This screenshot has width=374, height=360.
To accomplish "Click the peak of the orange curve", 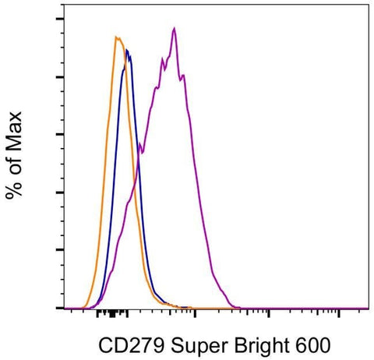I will (x=116, y=37).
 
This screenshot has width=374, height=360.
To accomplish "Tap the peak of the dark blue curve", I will (x=126, y=51).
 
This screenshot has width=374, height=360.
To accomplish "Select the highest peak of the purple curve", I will (x=174, y=28).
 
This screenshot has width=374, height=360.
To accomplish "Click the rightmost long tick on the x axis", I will (x=340, y=313).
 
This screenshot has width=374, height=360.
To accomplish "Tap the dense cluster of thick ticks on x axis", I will (x=114, y=315).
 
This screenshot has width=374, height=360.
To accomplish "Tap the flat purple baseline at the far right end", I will (x=358, y=308).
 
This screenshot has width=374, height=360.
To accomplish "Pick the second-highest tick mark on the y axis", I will (x=59, y=76).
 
